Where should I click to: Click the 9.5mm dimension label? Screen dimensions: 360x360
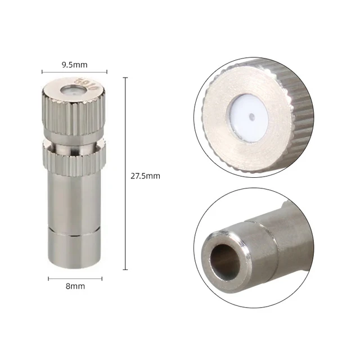tap(74, 65)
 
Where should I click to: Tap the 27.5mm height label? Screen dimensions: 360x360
tap(145, 176)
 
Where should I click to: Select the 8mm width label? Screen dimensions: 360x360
tap(74, 286)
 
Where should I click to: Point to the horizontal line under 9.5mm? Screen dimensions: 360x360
tap(74, 72)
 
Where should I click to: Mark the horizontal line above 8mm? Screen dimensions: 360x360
tap(74, 278)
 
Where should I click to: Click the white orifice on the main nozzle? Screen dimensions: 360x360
tap(69, 90)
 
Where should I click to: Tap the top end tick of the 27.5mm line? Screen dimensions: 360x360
tap(125, 77)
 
